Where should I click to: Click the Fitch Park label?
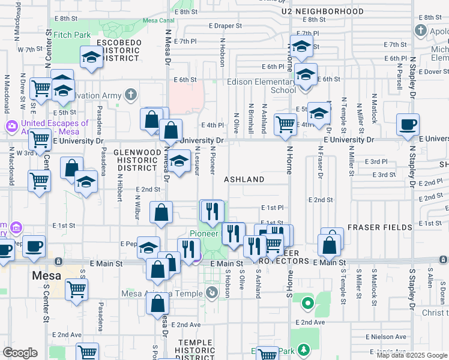tap(71, 35)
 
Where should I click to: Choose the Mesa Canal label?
tap(158, 20)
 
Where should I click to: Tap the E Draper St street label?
tap(228, 26)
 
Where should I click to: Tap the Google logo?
tap(20, 353)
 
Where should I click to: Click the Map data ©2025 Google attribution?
tap(411, 355)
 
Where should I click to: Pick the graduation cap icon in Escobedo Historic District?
tap(92, 56)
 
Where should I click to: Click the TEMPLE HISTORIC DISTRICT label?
tap(194, 346)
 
